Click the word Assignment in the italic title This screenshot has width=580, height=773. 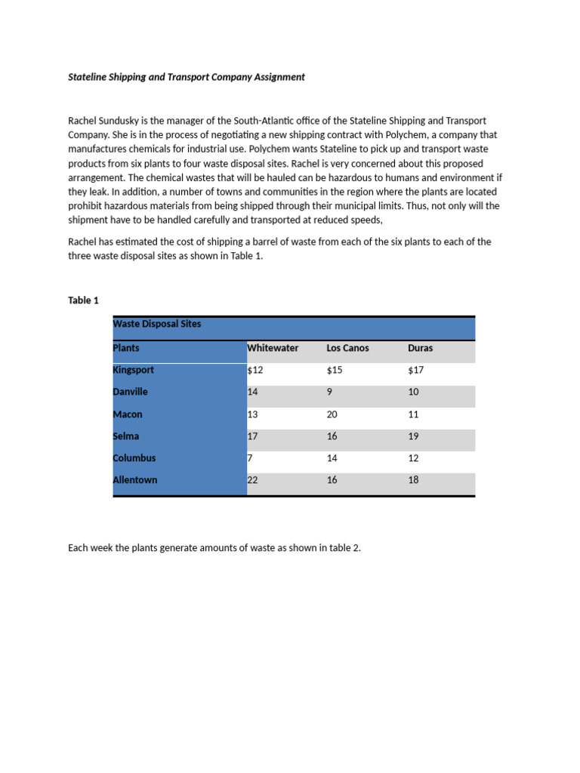pos(277,77)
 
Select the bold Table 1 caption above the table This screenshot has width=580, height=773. pos(83,300)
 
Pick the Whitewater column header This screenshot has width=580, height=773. pos(273,348)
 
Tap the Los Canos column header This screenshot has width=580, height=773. pos(347,348)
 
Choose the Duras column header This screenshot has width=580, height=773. pos(420,348)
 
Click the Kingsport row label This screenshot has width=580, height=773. pos(133,370)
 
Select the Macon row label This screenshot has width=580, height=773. pos(127,414)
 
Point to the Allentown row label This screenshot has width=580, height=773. pos(135,480)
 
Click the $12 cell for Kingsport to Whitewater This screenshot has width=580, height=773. pos(255,370)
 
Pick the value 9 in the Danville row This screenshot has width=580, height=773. pos(329,392)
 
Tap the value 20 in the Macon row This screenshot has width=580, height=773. pos(332,414)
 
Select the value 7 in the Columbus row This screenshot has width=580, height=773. pos(250,458)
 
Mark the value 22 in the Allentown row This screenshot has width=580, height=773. pos(252,480)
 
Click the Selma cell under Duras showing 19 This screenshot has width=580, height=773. pos(412,436)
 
